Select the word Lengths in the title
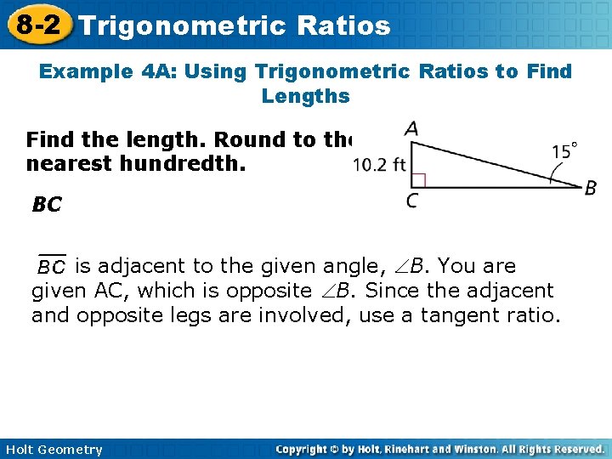coord(306,96)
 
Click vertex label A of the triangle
coord(411,129)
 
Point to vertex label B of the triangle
coord(590,189)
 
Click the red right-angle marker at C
coord(417,180)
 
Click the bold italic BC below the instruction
coord(47,205)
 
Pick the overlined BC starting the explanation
coord(51,267)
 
